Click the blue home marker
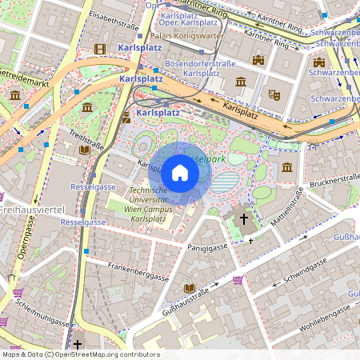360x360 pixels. coord(180,173)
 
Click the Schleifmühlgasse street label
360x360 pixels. coord(36,314)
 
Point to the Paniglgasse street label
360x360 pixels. coord(206,249)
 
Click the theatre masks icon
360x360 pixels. coord(274,94)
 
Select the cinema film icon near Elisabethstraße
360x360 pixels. coord(99,49)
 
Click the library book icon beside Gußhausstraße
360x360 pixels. coord(190,288)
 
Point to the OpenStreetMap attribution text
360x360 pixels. coord(80,354)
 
